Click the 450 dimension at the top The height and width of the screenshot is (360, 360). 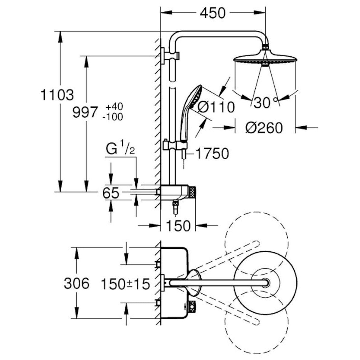213,13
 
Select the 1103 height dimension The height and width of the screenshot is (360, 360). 57,95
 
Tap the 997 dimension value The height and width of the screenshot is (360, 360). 85,112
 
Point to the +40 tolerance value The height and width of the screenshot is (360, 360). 114,107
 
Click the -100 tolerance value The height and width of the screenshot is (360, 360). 113,117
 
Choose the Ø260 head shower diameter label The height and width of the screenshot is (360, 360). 264,128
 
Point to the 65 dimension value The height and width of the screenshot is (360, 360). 111,193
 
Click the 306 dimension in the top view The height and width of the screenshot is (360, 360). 76,283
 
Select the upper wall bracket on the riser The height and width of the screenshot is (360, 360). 170,55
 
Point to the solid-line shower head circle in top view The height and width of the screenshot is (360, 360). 265,283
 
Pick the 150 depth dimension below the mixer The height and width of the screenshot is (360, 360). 178,226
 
